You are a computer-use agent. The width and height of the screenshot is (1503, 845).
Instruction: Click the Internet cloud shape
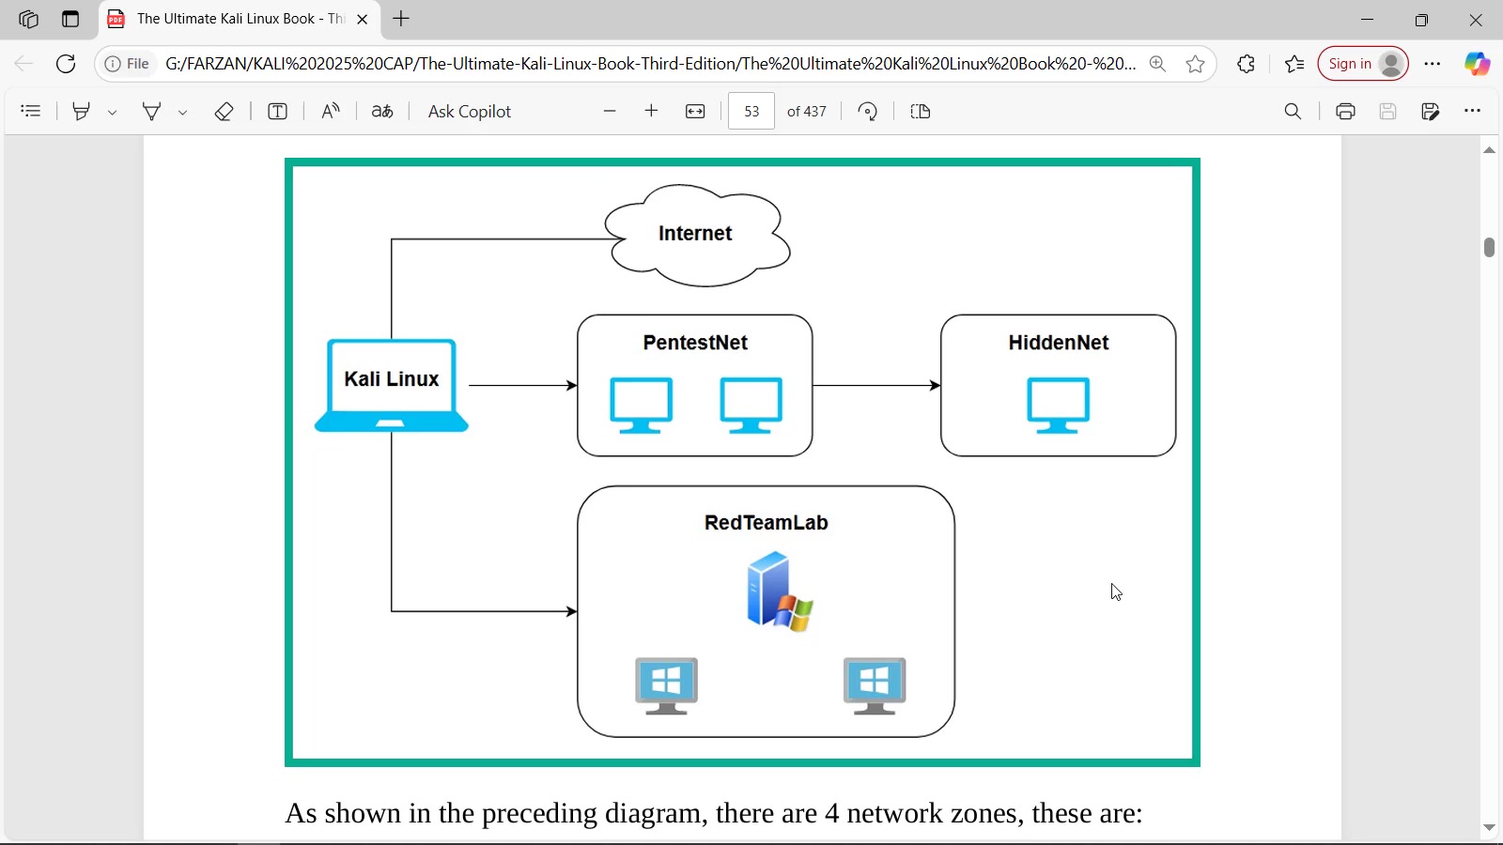click(x=696, y=234)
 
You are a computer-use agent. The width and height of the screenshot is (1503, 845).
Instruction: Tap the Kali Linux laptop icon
click(x=392, y=385)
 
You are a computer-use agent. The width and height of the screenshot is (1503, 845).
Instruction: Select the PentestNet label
click(x=695, y=343)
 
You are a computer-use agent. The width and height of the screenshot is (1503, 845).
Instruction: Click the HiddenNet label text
click(x=1059, y=343)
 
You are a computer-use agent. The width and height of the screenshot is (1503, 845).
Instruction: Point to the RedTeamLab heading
click(x=766, y=523)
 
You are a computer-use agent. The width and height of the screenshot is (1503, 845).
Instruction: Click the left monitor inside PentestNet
click(x=642, y=405)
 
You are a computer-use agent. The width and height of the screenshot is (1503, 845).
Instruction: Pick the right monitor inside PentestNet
click(x=751, y=405)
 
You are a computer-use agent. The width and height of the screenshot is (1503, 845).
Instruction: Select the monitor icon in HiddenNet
click(x=1059, y=405)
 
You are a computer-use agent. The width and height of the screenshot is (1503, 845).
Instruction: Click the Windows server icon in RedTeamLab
click(x=779, y=591)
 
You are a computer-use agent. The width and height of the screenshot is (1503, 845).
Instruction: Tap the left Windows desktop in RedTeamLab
click(x=667, y=685)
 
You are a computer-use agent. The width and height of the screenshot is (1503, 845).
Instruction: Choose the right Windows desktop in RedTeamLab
click(x=875, y=685)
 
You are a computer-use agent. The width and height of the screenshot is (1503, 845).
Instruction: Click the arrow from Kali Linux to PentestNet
click(x=522, y=386)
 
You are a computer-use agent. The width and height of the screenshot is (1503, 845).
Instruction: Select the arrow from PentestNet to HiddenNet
click(x=876, y=386)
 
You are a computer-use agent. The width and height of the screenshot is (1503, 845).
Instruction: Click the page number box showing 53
click(x=751, y=112)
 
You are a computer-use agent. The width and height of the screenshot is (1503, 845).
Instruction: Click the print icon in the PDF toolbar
click(x=1345, y=112)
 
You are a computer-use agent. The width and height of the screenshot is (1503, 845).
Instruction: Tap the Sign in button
click(x=1363, y=64)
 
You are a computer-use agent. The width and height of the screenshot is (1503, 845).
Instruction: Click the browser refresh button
click(x=66, y=64)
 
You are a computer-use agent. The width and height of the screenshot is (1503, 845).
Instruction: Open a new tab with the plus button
click(x=401, y=19)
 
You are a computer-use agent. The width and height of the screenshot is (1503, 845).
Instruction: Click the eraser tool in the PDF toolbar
click(x=224, y=112)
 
